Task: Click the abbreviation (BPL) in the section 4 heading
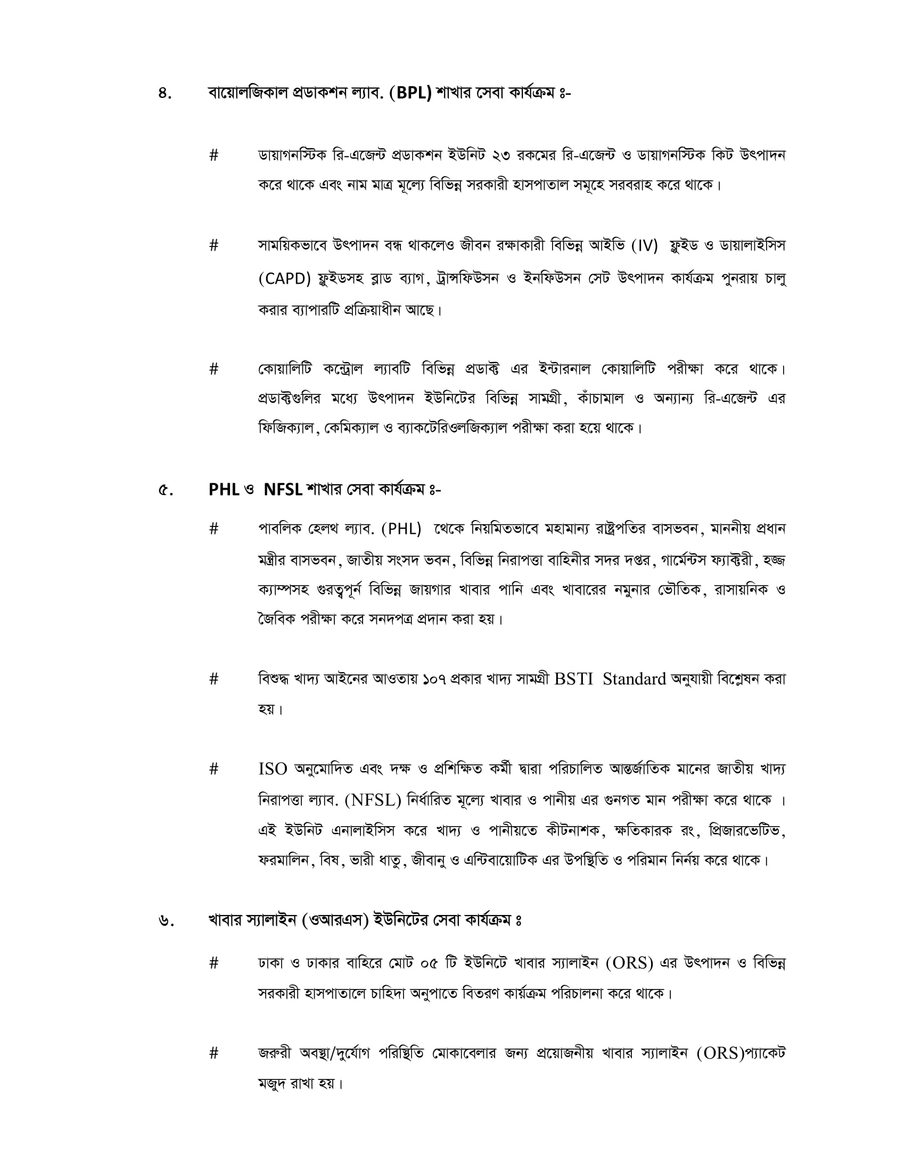pyautogui.click(x=410, y=93)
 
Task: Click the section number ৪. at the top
pyautogui.click(x=164, y=94)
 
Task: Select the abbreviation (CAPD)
pyautogui.click(x=285, y=279)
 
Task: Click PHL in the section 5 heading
pyautogui.click(x=224, y=490)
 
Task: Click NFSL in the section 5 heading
pyautogui.click(x=283, y=490)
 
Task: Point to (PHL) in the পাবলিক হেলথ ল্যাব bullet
pyautogui.click(x=401, y=529)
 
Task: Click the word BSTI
pyautogui.click(x=574, y=679)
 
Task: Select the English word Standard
pyautogui.click(x=634, y=679)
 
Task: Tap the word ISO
pyautogui.click(x=273, y=770)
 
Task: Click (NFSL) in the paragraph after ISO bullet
pyautogui.click(x=373, y=800)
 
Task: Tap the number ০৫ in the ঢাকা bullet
pyautogui.click(x=429, y=963)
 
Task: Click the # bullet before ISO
pyautogui.click(x=214, y=770)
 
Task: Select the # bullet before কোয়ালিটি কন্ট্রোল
pyautogui.click(x=214, y=369)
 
